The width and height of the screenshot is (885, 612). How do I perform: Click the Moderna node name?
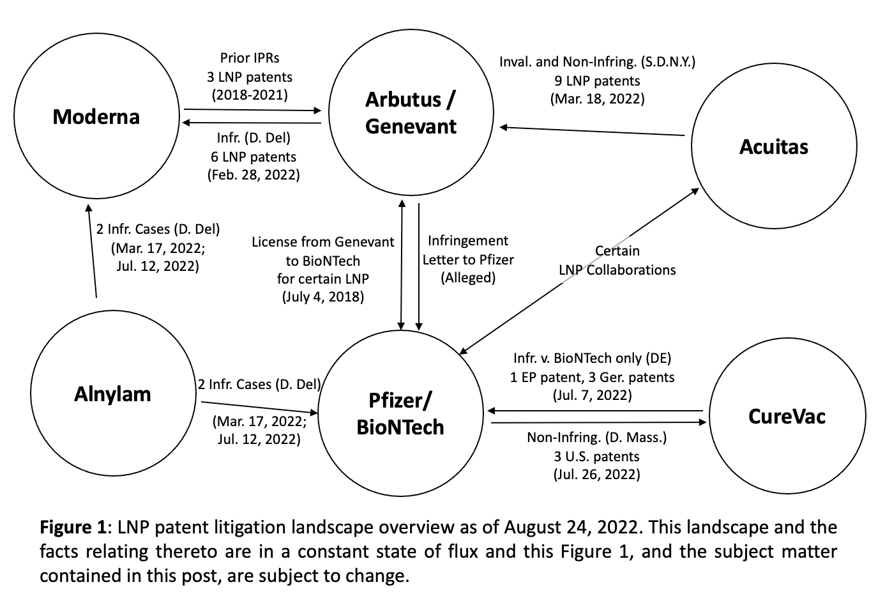[96, 117]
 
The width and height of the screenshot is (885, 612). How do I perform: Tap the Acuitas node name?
[774, 147]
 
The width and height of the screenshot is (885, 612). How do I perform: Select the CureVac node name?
[787, 417]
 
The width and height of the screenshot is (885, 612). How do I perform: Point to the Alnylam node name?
[112, 394]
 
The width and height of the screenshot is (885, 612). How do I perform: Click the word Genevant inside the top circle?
[411, 126]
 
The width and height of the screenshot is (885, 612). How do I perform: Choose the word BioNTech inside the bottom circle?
[400, 427]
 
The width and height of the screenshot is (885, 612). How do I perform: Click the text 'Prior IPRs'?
[250, 58]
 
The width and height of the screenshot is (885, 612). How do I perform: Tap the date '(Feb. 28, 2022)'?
[253, 175]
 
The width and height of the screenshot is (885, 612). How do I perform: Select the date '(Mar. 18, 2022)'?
[598, 98]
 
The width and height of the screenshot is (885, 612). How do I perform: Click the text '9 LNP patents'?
[598, 80]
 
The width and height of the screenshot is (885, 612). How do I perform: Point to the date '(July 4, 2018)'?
[323, 296]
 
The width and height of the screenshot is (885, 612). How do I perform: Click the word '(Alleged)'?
[468, 277]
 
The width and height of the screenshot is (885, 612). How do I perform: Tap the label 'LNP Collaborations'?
[617, 270]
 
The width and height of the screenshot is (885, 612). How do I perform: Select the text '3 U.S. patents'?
[596, 457]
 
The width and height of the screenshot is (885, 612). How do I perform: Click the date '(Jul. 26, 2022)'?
[596, 474]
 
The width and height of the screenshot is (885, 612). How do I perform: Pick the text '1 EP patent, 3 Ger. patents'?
[593, 377]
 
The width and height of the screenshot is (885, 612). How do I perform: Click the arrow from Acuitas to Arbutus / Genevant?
[592, 131]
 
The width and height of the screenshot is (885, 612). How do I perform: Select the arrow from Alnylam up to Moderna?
[93, 250]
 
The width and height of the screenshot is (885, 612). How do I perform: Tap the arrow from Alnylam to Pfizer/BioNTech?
[260, 408]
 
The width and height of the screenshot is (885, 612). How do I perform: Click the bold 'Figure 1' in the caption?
[73, 528]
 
